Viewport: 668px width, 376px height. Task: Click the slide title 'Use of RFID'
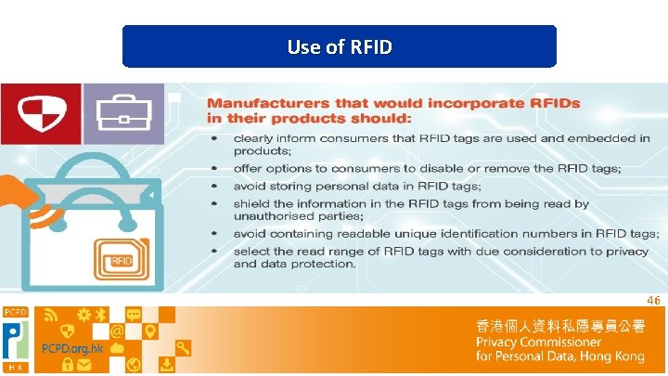[340, 46]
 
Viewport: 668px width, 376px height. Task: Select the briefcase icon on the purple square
[122, 113]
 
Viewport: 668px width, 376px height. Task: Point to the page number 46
[653, 301]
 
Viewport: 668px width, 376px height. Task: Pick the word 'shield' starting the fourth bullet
[251, 203]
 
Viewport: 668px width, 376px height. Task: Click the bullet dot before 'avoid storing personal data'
[214, 186]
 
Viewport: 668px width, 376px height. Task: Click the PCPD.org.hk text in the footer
[71, 348]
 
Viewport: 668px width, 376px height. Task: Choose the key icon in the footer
[184, 348]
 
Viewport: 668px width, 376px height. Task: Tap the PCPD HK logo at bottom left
[16, 339]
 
